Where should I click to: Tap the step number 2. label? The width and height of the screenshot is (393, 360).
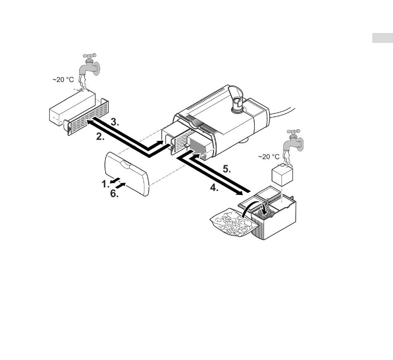(100, 137)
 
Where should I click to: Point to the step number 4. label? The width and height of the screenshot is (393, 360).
(213, 188)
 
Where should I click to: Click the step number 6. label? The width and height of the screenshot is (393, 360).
(114, 193)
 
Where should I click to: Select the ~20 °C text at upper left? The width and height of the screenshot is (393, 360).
(63, 80)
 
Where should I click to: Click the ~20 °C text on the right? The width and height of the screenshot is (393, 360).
(269, 157)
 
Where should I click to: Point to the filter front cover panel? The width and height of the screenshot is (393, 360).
(127, 174)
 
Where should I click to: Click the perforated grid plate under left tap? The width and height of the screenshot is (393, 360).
(87, 117)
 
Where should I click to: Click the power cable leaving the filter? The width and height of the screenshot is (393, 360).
(283, 110)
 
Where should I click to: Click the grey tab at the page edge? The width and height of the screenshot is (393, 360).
(382, 38)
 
